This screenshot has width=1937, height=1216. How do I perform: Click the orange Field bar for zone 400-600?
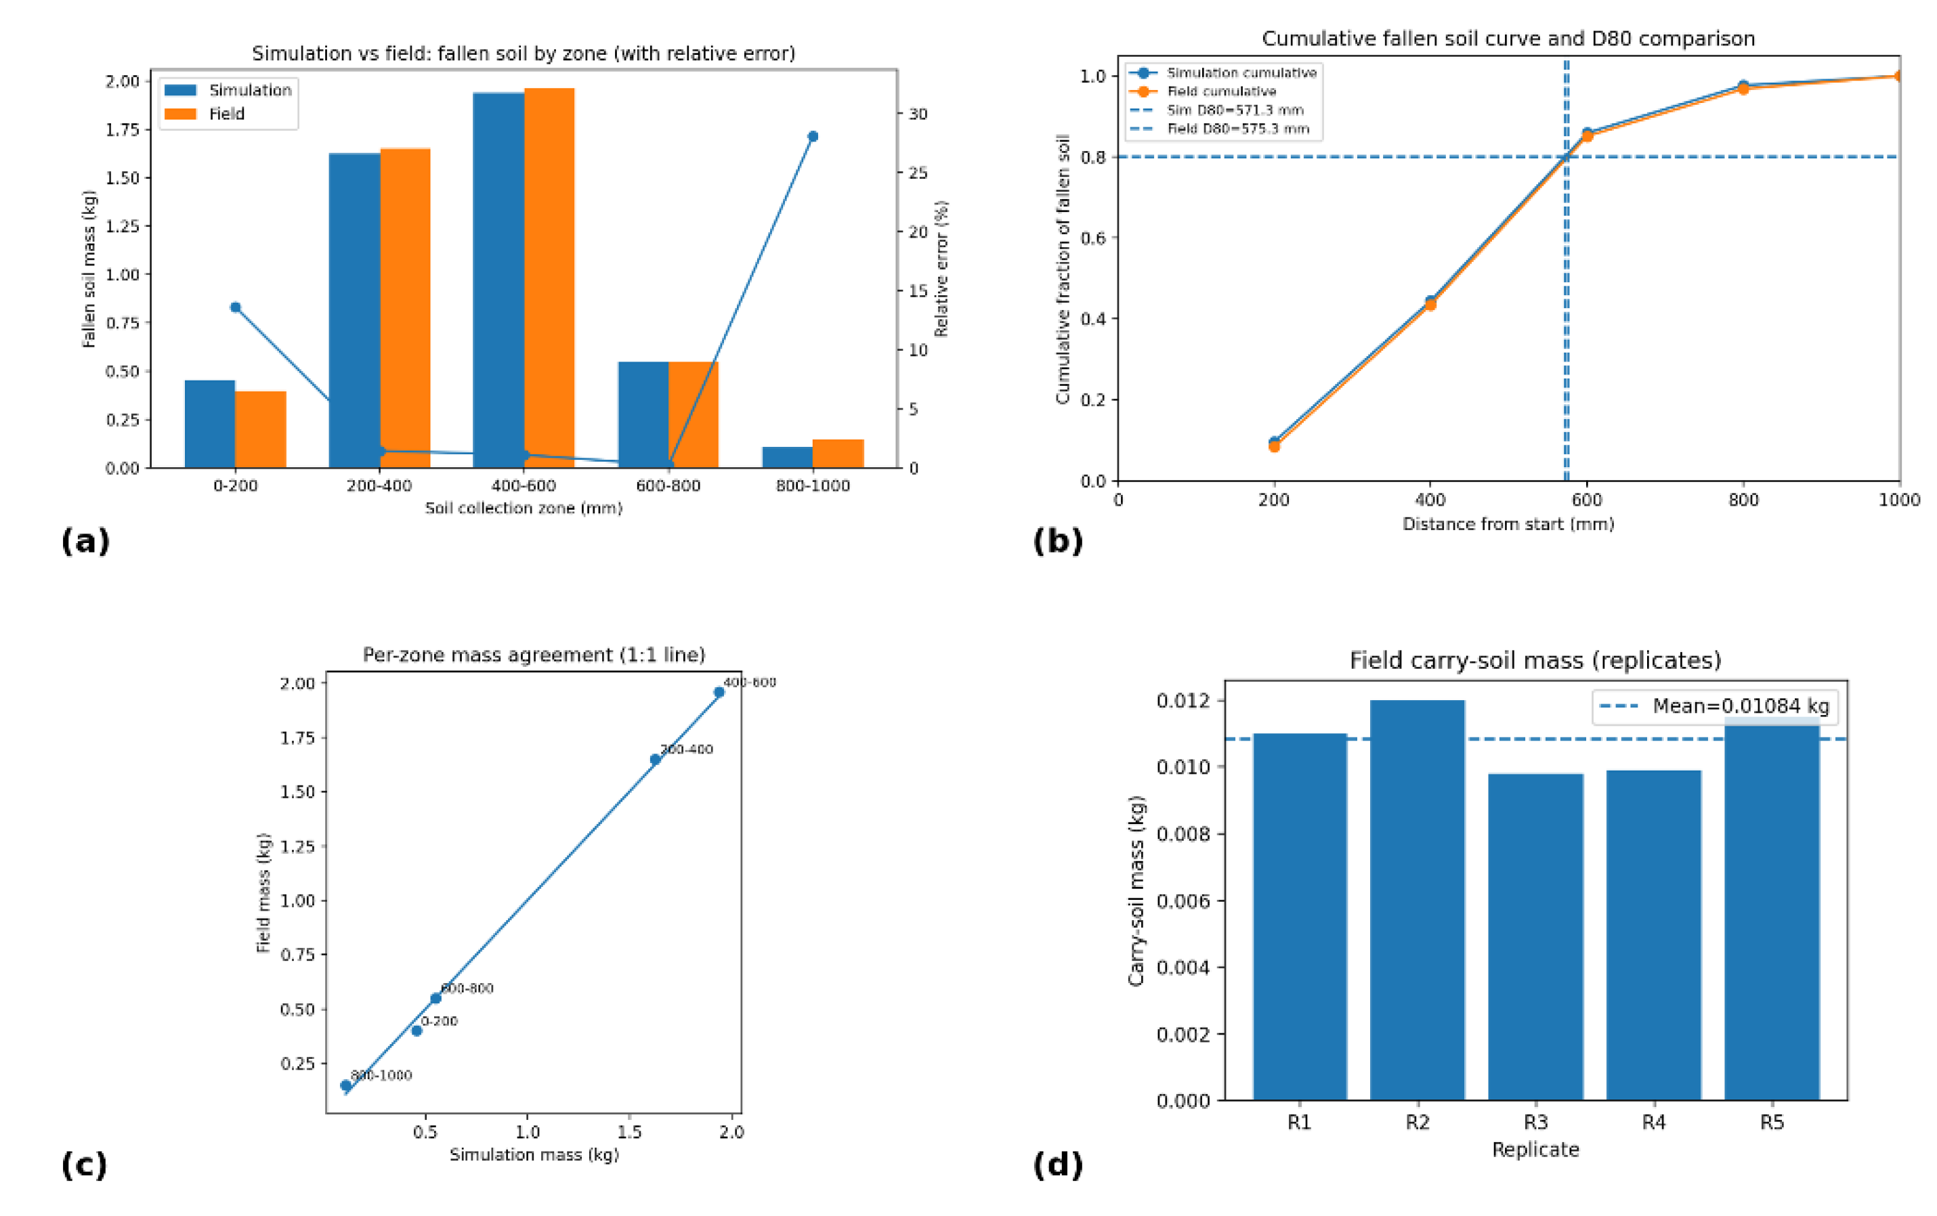coord(549,278)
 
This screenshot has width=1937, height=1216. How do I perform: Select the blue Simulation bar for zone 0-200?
coord(210,424)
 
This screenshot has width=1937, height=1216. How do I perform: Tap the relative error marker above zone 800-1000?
coord(813,137)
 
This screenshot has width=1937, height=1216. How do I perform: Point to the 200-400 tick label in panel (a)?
coord(379,485)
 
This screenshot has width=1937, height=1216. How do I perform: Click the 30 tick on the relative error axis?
coord(918,114)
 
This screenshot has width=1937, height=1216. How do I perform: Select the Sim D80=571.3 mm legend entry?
coord(1234,110)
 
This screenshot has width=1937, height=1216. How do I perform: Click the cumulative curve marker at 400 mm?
coord(1430,303)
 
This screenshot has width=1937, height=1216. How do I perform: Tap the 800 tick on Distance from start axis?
coord(1743,500)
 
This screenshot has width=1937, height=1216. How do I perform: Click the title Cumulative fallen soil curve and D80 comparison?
coord(1508,39)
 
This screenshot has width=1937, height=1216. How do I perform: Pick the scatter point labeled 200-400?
coord(656,759)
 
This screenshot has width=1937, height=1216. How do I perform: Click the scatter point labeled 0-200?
coord(417,1030)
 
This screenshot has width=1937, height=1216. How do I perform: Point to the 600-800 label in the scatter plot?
coord(467,989)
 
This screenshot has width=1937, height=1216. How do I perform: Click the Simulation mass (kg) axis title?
coord(534,1155)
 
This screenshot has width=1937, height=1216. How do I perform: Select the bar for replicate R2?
coord(1418,900)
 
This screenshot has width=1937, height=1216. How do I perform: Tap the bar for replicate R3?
coord(1535,937)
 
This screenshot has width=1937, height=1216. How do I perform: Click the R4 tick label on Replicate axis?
coord(1653,1123)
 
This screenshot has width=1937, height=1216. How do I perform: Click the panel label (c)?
coord(84,1165)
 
